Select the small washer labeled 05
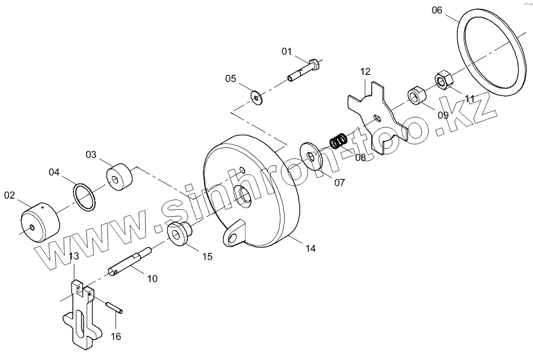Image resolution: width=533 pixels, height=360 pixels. [x=258, y=96]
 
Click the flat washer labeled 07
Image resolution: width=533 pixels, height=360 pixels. [x=313, y=158]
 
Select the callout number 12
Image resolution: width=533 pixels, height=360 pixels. [x=365, y=72]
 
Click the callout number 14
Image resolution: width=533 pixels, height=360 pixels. [x=310, y=248]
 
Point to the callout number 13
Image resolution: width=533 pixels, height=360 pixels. [x=74, y=256]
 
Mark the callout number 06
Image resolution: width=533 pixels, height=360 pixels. [x=437, y=10]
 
